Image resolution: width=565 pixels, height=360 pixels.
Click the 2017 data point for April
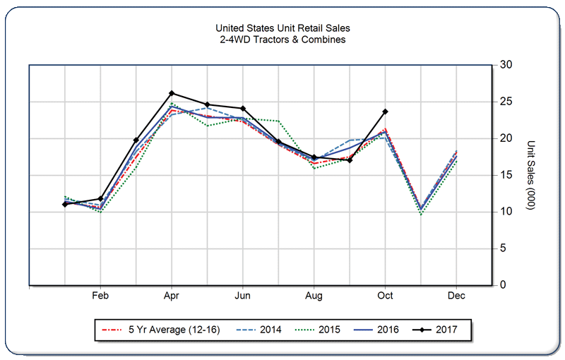tap(172, 93)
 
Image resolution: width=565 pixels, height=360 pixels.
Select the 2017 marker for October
tap(385, 111)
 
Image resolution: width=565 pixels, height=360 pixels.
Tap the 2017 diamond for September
tap(350, 160)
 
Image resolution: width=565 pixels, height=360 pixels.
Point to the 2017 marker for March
tap(136, 140)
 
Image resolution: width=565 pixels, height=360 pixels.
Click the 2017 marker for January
tap(65, 204)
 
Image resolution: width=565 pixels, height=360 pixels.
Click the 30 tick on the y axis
tap(506, 65)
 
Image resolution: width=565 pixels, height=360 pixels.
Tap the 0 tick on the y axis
tap(503, 285)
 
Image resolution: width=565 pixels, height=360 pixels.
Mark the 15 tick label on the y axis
tap(506, 175)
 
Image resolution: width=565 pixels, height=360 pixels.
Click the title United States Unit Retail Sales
tap(282, 28)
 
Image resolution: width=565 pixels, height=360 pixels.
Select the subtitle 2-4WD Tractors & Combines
tap(282, 40)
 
